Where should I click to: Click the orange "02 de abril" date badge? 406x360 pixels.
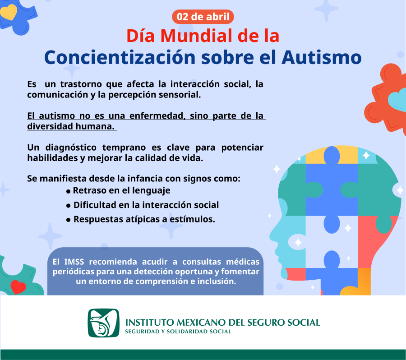coord(203,17)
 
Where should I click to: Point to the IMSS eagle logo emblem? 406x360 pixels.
coord(103,323)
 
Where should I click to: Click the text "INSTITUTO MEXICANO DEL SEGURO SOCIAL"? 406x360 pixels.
coord(222,323)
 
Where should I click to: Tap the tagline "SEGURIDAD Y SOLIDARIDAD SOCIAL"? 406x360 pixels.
coord(178,332)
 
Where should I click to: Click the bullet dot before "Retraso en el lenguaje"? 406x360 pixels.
coord(69,191)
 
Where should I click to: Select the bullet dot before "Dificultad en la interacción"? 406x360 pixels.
coord(69,206)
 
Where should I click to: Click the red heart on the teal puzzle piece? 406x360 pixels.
coord(18,286)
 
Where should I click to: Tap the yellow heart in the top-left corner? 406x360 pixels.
coord(9,11)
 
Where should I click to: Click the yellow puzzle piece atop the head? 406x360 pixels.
coord(332,153)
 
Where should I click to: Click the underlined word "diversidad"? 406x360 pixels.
coord(48,126)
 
